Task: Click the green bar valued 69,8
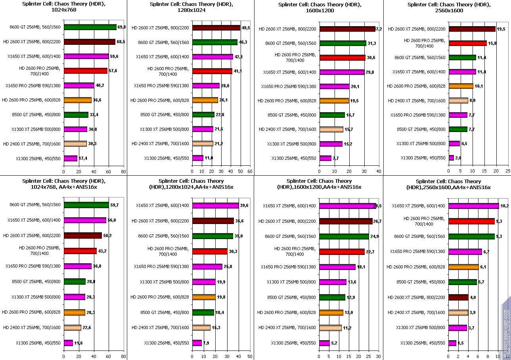click(90, 27)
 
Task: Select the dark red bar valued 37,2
click(347, 29)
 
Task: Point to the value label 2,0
click(458, 158)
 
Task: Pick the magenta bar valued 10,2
click(474, 206)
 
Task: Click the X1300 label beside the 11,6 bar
click(38, 343)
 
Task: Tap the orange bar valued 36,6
click(78, 100)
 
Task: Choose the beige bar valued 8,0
click(458, 101)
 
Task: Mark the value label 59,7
click(115, 205)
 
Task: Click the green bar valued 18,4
click(203, 312)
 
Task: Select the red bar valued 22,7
click(342, 251)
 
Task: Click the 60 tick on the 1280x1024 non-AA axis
click(250, 172)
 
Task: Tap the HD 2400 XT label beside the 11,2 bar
click(287, 327)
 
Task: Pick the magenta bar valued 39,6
click(216, 205)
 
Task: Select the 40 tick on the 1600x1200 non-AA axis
click(378, 172)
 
